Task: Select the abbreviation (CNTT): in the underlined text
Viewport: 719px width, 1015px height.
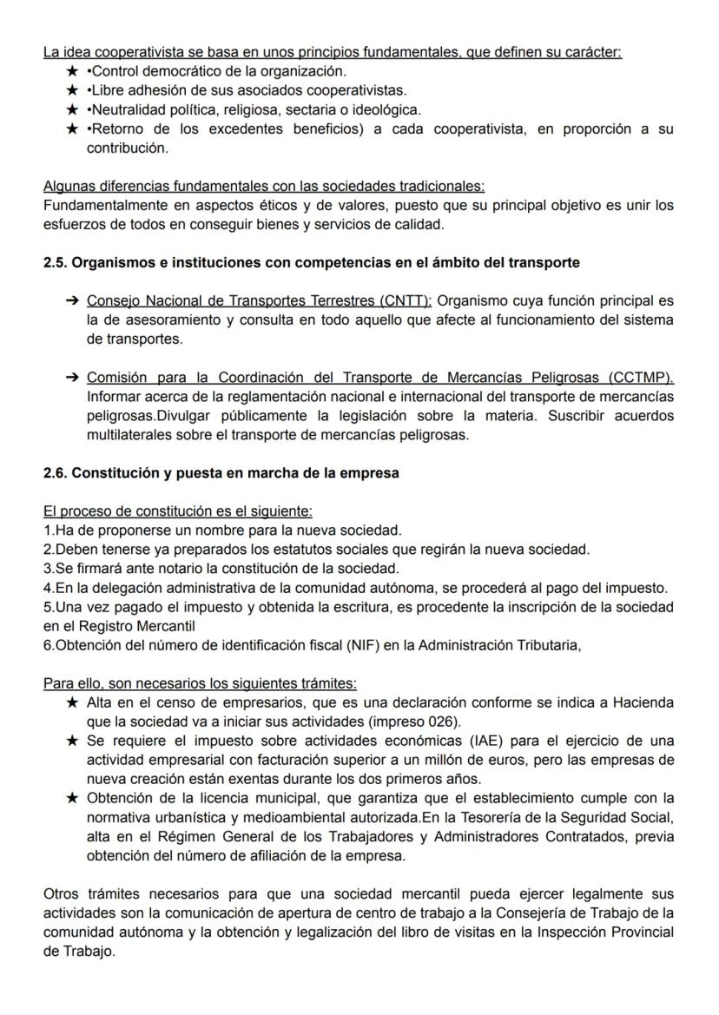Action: (405, 301)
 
